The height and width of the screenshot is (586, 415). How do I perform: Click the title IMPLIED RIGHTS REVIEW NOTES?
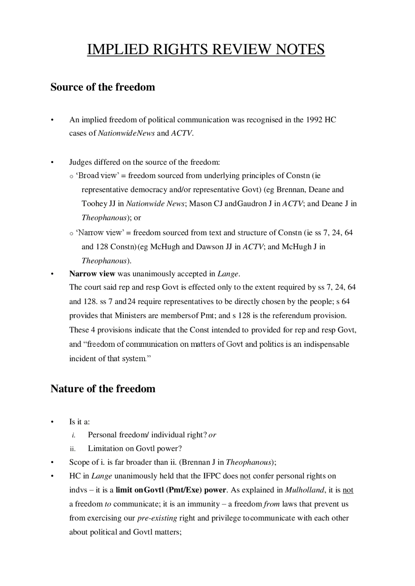206,50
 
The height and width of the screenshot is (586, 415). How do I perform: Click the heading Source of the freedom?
103,87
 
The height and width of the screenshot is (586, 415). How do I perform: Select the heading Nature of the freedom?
103,388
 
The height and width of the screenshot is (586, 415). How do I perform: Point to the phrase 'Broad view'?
98,176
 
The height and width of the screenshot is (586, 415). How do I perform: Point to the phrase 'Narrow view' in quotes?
100,233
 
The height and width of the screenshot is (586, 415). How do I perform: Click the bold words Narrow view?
92,274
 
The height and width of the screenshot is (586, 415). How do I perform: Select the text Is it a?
79,422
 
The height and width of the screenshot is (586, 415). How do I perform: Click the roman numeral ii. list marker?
73,449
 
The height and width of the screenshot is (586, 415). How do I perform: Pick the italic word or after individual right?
212,435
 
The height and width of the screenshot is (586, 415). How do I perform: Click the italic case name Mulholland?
304,490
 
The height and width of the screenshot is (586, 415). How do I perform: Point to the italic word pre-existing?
157,518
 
